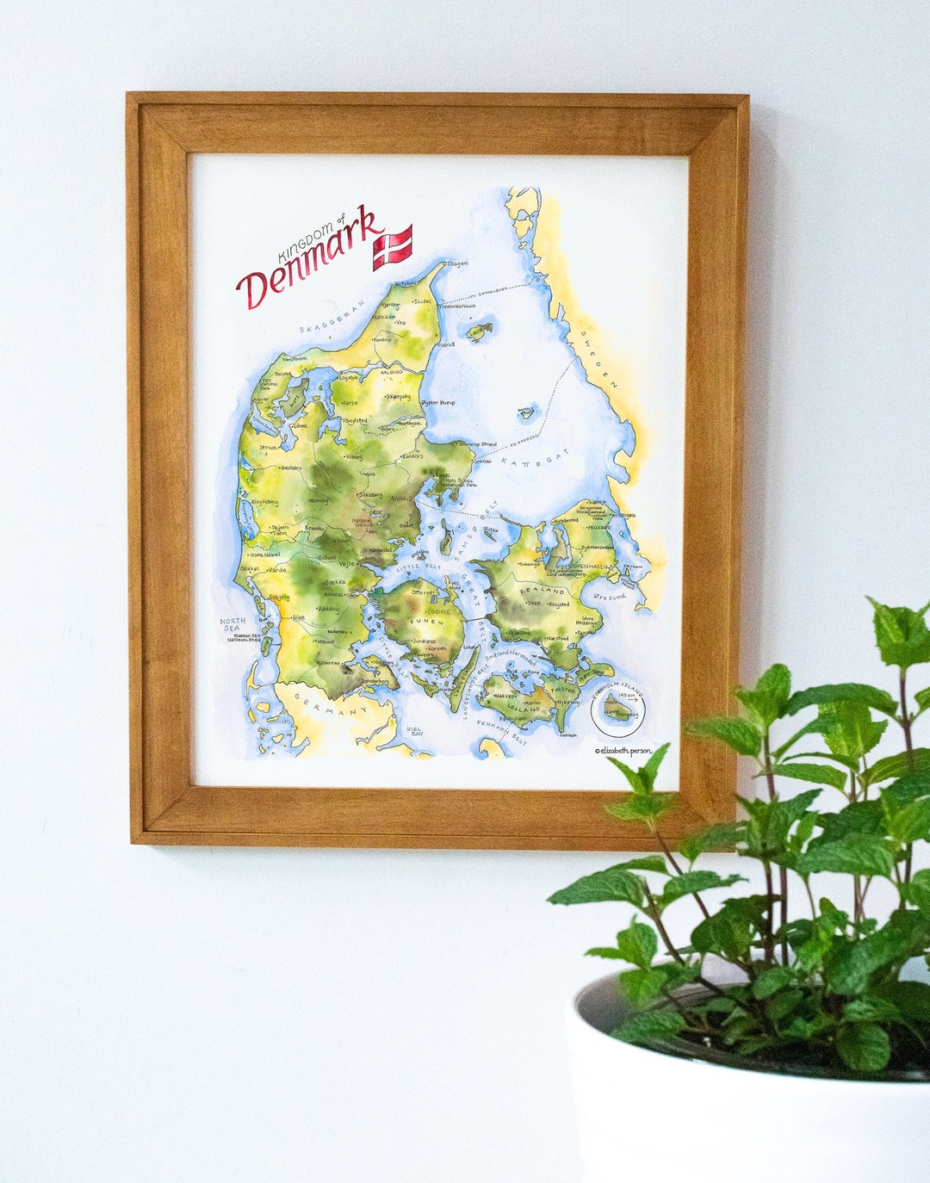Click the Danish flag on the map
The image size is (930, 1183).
tap(392, 247)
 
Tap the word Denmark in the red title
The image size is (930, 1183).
tap(310, 258)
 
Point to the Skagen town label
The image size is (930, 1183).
tap(456, 264)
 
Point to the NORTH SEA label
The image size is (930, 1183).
tap(232, 624)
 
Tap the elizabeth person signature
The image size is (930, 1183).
tap(623, 751)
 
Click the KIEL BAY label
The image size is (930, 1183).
tap(414, 731)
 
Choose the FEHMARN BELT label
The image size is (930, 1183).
tap(500, 728)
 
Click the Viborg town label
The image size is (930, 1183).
tap(353, 457)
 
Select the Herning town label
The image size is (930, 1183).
tap(318, 500)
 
